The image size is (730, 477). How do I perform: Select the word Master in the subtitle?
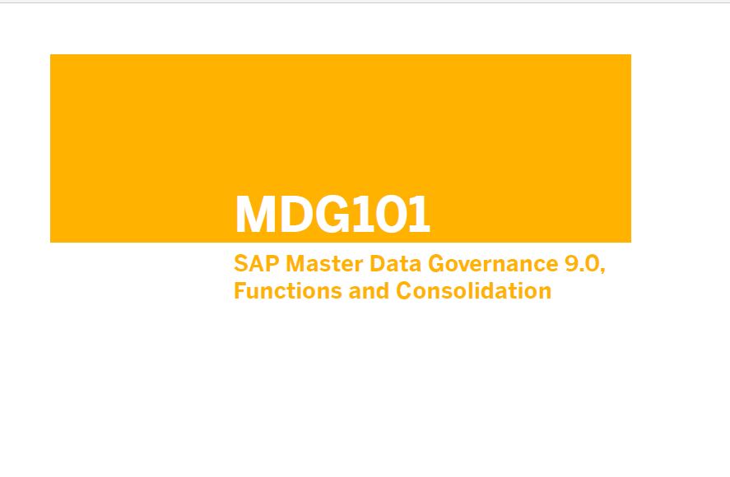tap(324, 263)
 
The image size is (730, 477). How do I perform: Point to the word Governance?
tap(492, 263)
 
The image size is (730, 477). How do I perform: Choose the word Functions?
tap(288, 291)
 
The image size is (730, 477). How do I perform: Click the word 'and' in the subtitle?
tap(369, 291)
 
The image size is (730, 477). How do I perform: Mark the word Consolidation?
tap(473, 291)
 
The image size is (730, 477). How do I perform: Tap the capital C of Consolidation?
tap(404, 291)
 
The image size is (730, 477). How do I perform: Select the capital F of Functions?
tap(240, 291)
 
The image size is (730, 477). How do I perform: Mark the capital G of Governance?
tap(436, 263)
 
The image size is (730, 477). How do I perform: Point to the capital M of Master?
tap(295, 263)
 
